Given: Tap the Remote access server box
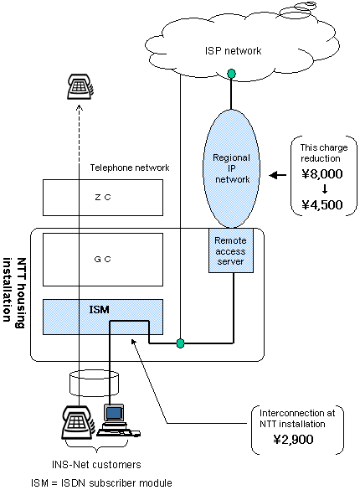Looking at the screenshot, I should click(x=231, y=249).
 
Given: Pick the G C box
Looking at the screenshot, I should click(x=101, y=260).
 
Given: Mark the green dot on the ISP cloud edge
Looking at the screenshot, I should click(x=231, y=75).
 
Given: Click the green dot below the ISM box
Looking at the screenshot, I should click(x=180, y=343).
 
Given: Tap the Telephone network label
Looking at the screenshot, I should click(x=129, y=168).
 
